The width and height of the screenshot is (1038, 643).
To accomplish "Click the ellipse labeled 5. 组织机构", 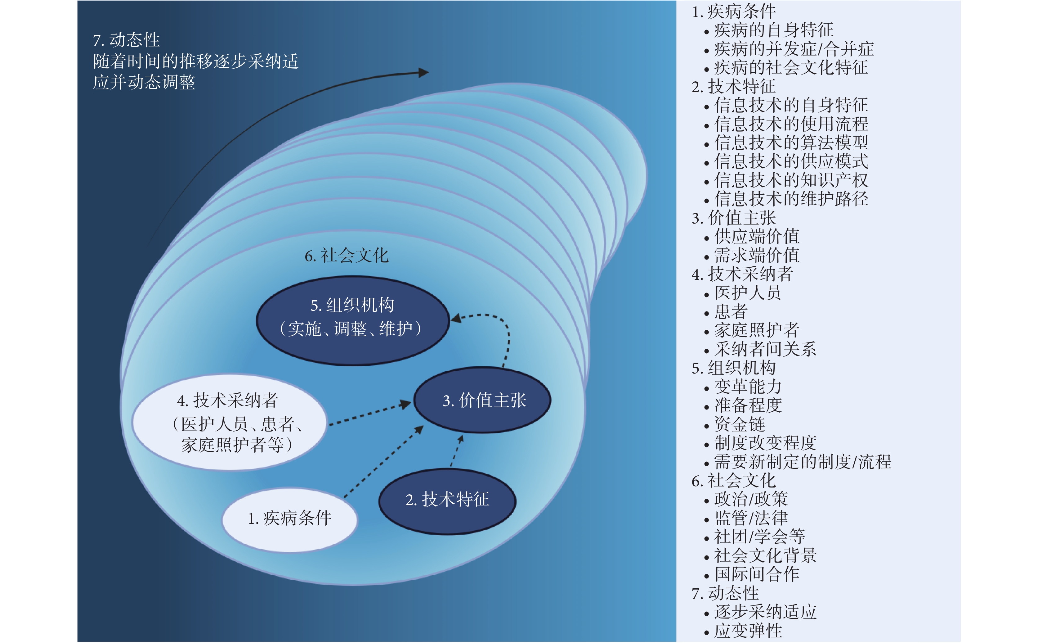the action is (x=353, y=321).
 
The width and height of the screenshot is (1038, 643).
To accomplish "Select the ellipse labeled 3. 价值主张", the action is (x=482, y=400).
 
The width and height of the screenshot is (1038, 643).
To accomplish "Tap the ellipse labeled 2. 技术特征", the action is (x=447, y=501).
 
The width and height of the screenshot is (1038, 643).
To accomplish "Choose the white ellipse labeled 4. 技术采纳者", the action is (x=230, y=422).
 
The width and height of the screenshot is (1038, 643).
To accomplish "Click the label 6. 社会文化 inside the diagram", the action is (x=346, y=256).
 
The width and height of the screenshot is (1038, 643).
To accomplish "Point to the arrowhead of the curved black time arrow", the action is (x=424, y=73).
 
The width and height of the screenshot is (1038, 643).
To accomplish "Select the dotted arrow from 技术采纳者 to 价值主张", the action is (x=370, y=413).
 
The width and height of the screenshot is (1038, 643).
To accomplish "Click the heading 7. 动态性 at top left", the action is (x=126, y=40).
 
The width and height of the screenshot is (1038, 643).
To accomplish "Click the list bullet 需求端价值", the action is (x=752, y=256).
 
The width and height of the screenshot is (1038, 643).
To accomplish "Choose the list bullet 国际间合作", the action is (x=752, y=574).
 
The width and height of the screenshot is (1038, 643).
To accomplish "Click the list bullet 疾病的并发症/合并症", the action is (x=789, y=49).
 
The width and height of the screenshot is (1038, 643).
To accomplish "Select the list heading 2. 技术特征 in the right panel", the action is (x=733, y=87).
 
